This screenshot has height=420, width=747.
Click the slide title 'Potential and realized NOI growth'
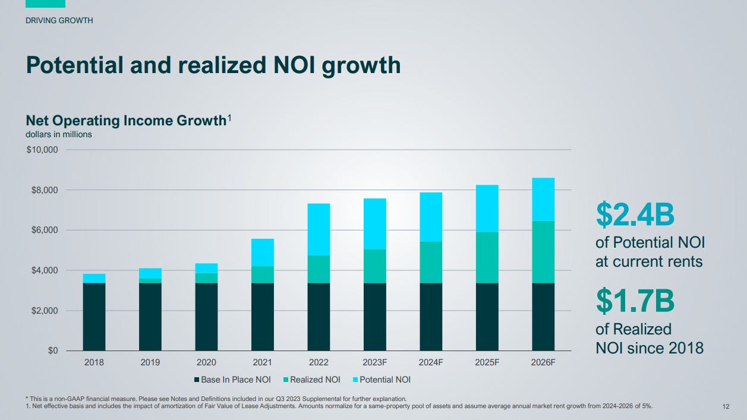tap(213, 65)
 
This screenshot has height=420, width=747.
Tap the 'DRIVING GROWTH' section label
tap(59, 21)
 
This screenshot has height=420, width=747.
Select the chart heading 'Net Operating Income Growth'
tap(126, 121)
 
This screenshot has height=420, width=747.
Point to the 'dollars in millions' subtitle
tap(59, 134)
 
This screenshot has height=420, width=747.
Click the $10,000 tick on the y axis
tap(42, 150)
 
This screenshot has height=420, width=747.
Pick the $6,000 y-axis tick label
tap(44, 230)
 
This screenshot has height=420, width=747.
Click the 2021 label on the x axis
tap(262, 362)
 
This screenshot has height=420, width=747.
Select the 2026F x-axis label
tap(543, 362)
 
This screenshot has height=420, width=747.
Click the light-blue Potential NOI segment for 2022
tap(319, 229)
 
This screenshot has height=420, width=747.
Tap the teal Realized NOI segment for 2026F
tap(543, 252)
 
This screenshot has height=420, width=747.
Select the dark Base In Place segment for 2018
tap(94, 317)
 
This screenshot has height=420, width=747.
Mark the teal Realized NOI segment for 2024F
tap(431, 262)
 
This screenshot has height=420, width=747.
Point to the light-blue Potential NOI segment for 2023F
tap(374, 223)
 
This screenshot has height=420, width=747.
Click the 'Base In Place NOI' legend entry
tap(232, 380)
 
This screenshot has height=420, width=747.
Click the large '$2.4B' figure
tap(635, 215)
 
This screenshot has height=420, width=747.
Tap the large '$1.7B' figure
tap(635, 301)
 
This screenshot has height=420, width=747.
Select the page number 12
tap(726, 406)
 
